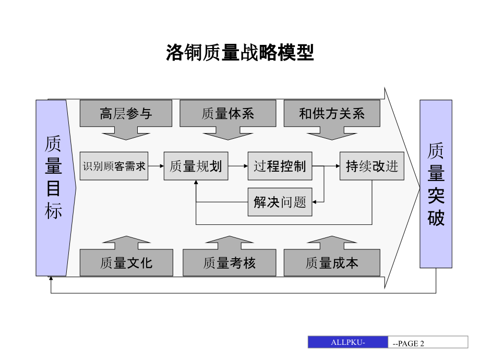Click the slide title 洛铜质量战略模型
(x=240, y=53)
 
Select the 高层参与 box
(x=126, y=113)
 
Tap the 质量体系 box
(x=227, y=113)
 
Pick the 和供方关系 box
(x=332, y=113)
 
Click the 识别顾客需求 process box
(x=114, y=166)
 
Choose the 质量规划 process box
(x=196, y=166)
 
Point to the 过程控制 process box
(x=280, y=166)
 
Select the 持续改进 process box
(x=372, y=166)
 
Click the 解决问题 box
(x=280, y=202)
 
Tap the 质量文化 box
(x=126, y=262)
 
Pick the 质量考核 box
(x=229, y=262)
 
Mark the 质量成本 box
(x=332, y=262)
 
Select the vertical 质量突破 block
(x=436, y=184)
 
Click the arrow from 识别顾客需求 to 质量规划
(x=155, y=166)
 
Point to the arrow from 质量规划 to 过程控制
(x=237, y=166)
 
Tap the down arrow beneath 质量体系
(x=227, y=134)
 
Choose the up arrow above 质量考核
(x=229, y=243)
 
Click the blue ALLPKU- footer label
(x=348, y=342)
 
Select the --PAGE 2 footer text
(x=409, y=343)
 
